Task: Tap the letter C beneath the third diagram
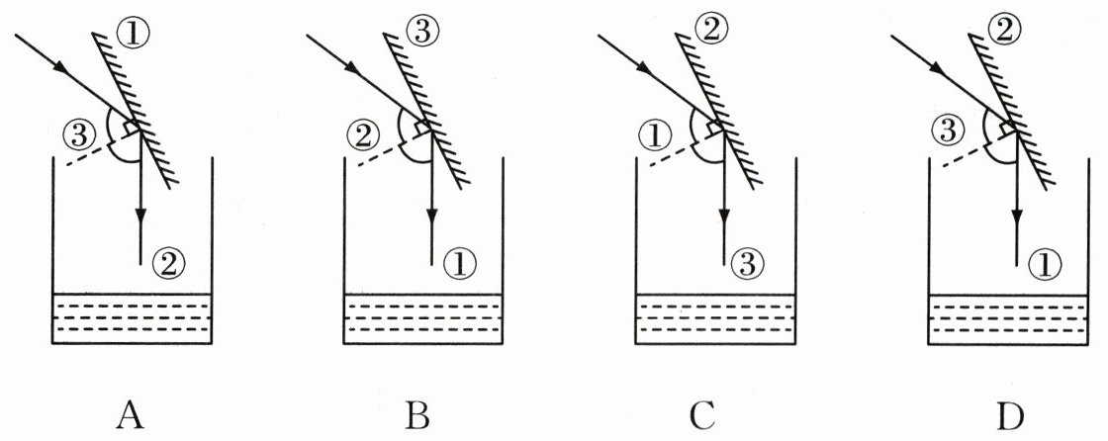click(701, 416)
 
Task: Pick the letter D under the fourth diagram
click(1008, 416)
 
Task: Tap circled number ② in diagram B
click(365, 132)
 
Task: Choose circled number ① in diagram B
click(461, 262)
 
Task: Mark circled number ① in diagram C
click(656, 132)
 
